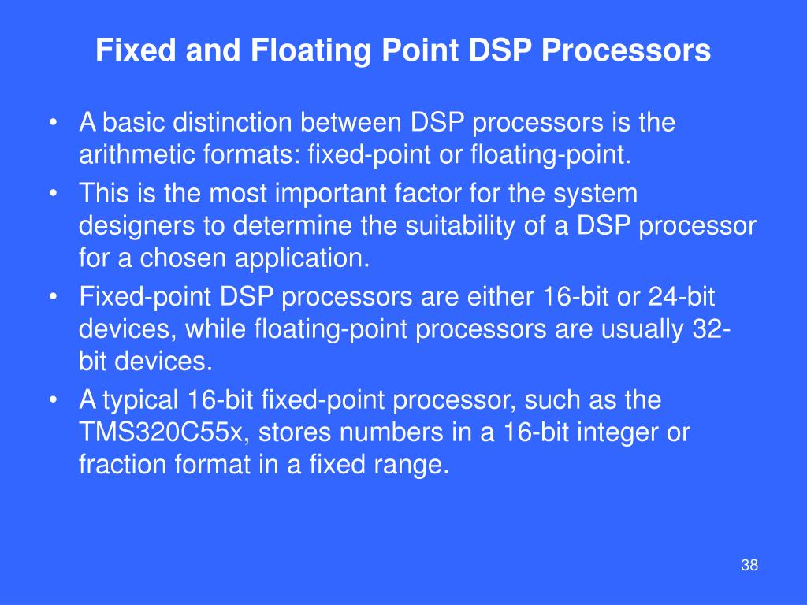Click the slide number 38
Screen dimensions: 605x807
tap(749, 566)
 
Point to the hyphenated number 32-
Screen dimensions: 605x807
tap(711, 328)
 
